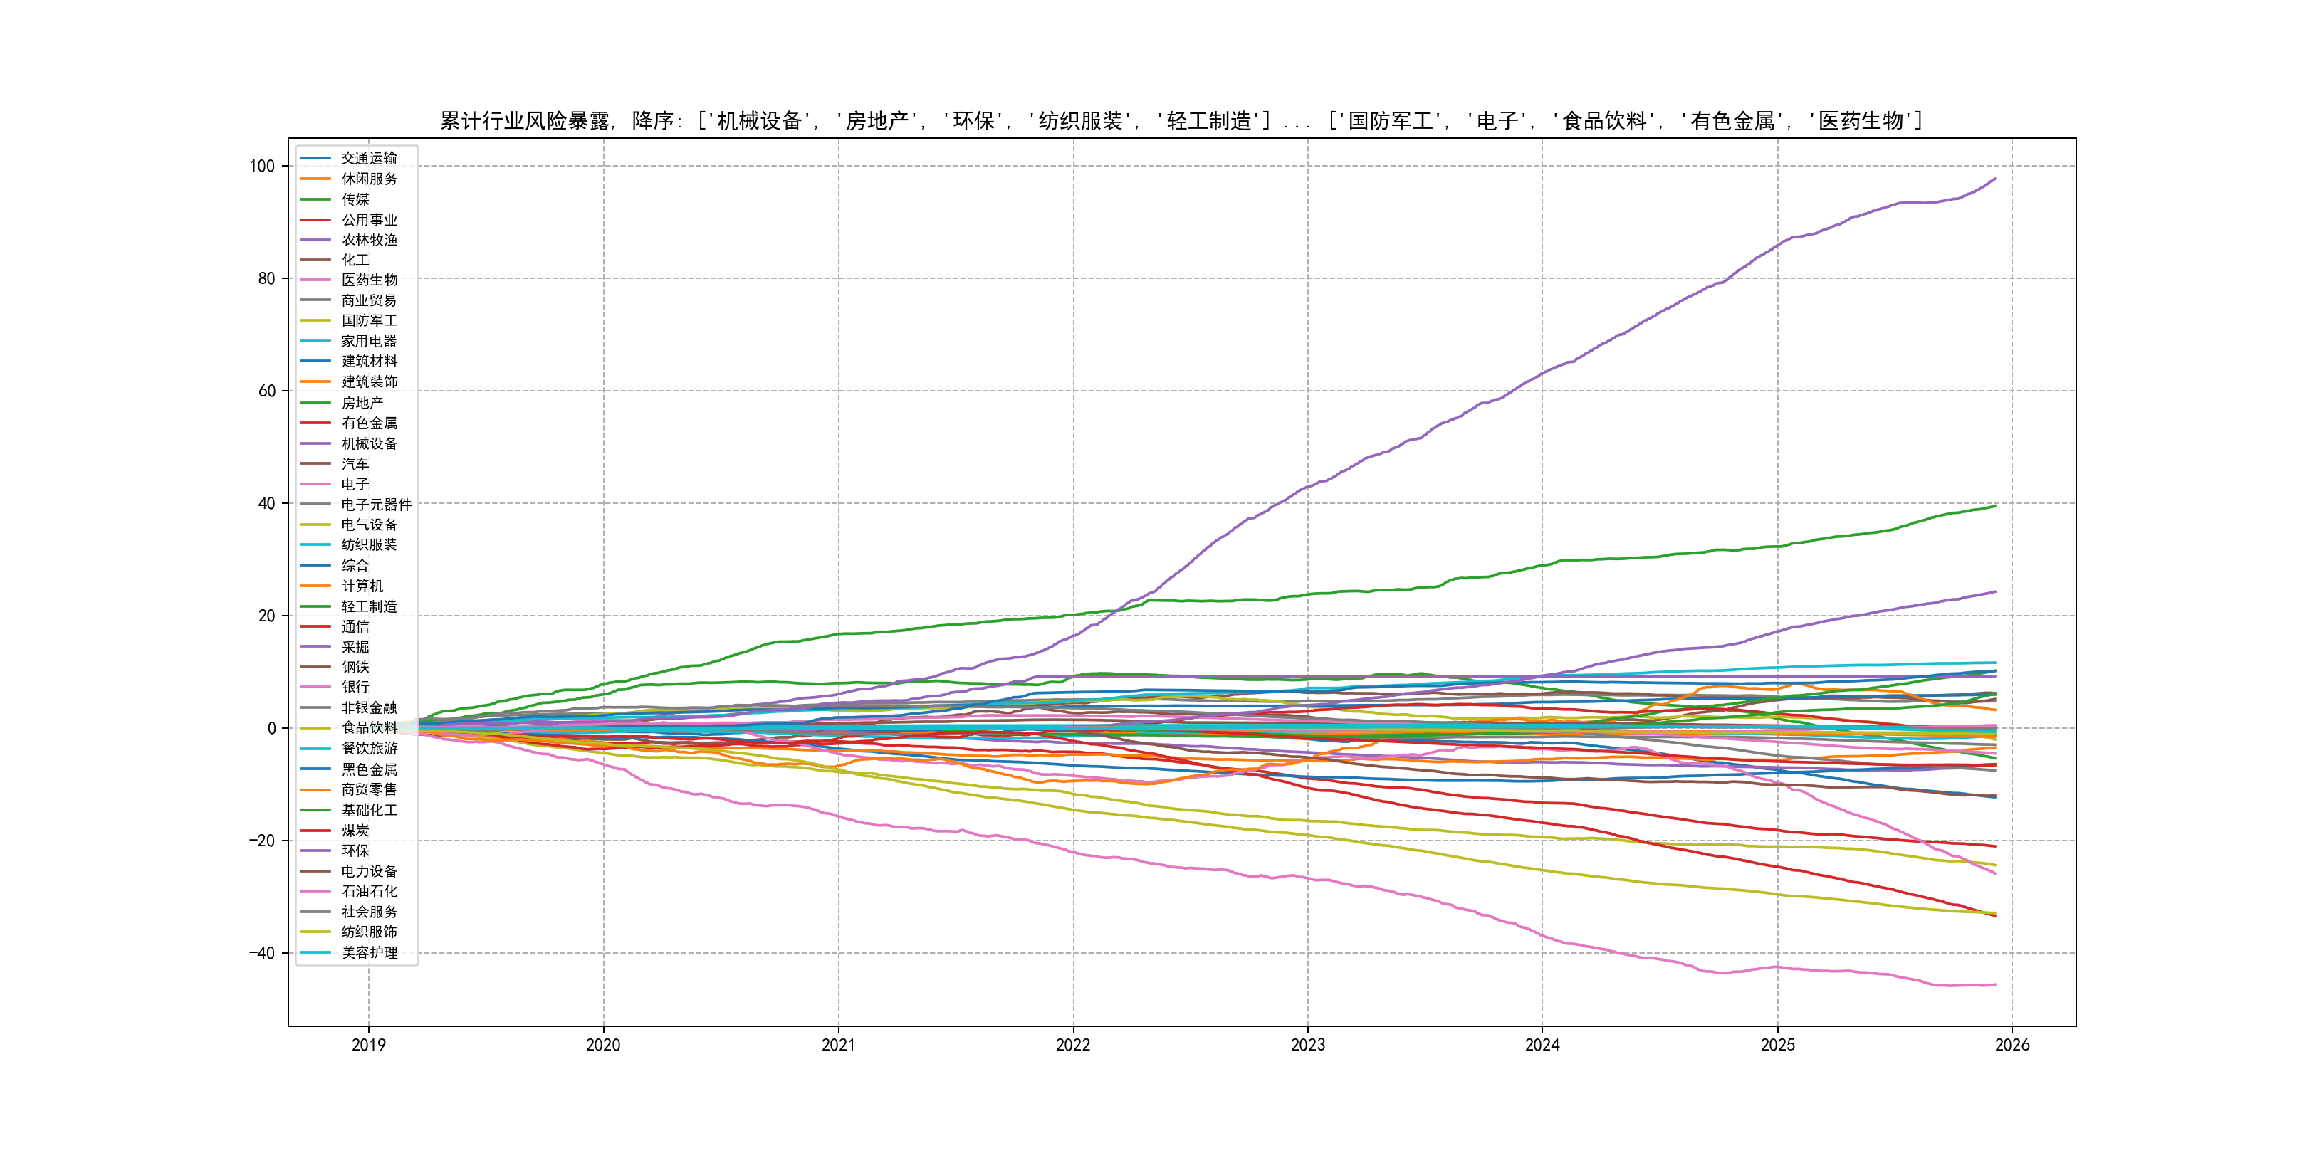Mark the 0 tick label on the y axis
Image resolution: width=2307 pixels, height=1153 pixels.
(x=271, y=729)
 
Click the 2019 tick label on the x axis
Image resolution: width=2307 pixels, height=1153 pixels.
(x=368, y=1045)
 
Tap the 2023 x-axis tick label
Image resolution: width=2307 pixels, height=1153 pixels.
(x=1307, y=1045)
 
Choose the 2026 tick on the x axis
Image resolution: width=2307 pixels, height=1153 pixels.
(x=2012, y=1045)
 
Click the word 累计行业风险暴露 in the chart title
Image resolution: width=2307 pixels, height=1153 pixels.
(x=525, y=121)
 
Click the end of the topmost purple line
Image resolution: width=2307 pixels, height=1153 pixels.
(x=1995, y=179)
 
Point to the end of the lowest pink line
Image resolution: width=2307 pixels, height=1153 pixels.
(x=1995, y=985)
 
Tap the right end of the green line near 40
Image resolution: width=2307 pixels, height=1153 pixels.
(x=1995, y=507)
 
